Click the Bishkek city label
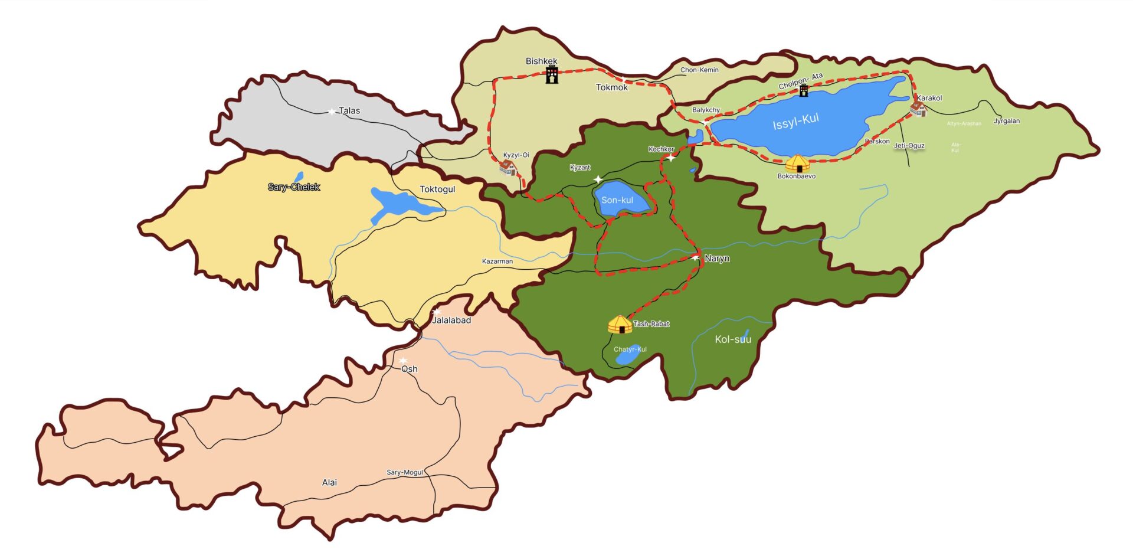(541, 61)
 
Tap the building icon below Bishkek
(552, 75)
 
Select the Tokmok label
(611, 87)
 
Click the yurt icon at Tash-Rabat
(620, 325)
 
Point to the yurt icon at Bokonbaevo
(797, 164)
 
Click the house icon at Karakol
(917, 109)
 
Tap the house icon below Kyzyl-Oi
(507, 168)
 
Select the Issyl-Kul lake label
(795, 122)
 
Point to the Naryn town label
(716, 259)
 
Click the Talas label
(349, 110)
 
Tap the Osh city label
(409, 369)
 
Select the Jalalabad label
(451, 320)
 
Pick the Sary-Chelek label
(294, 187)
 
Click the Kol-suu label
(733, 339)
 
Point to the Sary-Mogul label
(405, 472)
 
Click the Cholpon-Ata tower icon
(803, 90)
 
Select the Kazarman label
(497, 261)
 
